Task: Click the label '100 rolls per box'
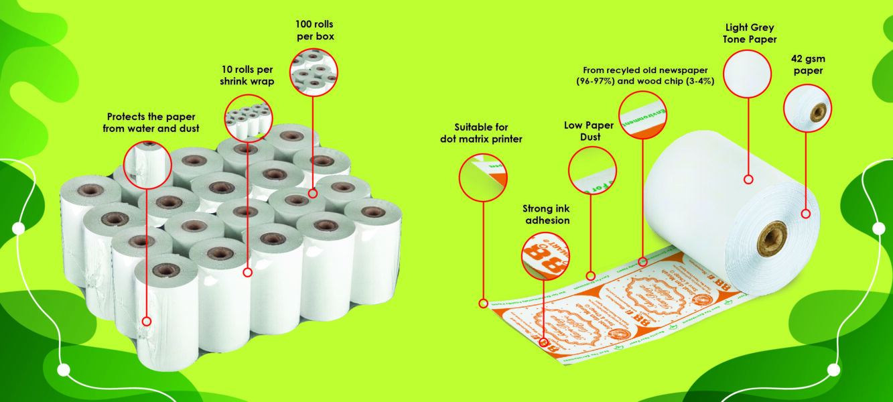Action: tap(315, 30)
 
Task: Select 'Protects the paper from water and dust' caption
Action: tap(151, 123)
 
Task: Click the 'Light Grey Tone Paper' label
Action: tap(750, 33)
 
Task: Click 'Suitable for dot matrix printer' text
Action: tap(481, 133)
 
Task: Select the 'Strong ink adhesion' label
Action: tap(546, 214)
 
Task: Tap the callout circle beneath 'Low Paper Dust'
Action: tap(592, 171)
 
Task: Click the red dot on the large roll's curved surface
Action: tap(748, 179)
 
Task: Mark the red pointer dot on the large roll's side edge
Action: tap(807, 214)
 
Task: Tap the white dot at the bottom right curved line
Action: tap(833, 369)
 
